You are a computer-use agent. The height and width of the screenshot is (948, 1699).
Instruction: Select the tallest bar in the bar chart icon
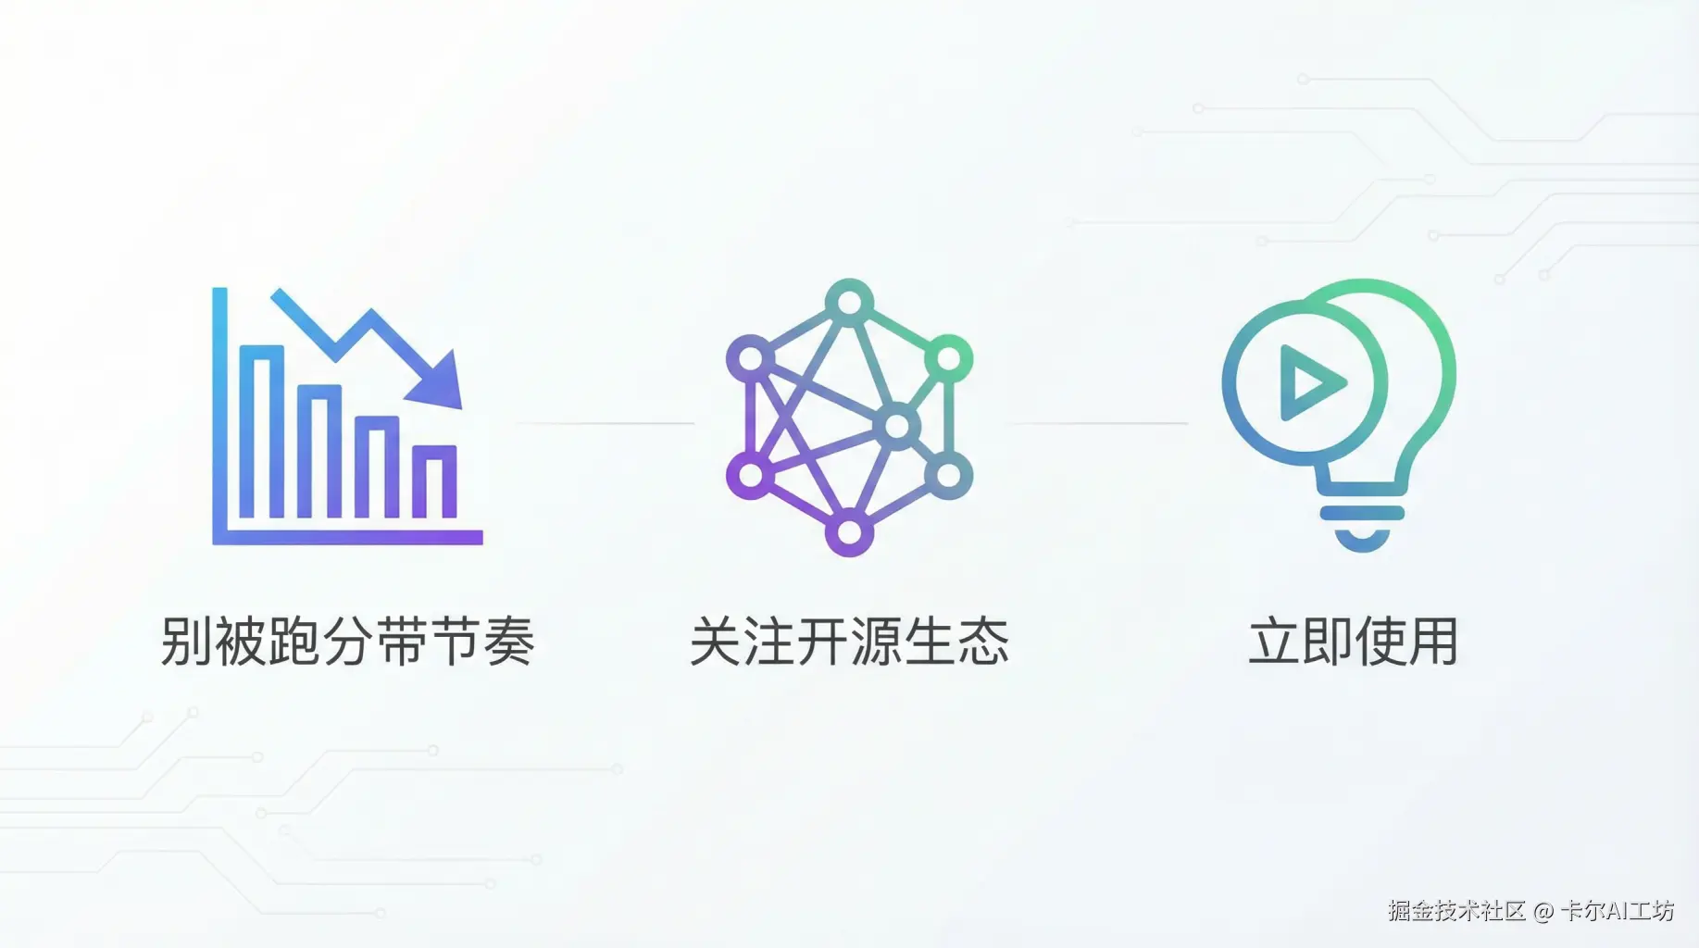[261, 431]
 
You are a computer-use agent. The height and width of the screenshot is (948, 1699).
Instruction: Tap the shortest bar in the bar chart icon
[434, 481]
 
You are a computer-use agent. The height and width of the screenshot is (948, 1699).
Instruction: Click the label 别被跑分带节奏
[347, 641]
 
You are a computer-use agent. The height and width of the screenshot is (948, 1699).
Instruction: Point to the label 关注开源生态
[849, 641]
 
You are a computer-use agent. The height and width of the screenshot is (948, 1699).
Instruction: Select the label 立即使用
[1353, 641]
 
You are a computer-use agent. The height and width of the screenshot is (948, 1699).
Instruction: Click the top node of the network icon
[849, 302]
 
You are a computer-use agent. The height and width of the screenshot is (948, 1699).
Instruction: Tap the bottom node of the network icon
[849, 533]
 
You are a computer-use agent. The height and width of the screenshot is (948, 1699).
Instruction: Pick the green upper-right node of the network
[948, 358]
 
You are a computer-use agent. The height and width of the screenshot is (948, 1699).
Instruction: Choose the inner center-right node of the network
[897, 427]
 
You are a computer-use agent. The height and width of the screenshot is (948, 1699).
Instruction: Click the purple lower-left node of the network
[751, 476]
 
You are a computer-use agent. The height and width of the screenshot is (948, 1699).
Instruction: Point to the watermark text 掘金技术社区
[1455, 911]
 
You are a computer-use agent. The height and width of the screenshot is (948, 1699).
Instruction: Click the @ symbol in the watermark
[1543, 912]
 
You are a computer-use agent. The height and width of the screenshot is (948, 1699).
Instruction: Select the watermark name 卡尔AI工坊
[1618, 911]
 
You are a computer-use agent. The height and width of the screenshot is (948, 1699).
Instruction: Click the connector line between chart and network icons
[605, 423]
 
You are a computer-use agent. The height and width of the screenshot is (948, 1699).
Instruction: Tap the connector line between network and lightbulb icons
[1097, 423]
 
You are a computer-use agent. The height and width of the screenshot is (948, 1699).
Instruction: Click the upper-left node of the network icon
[751, 358]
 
